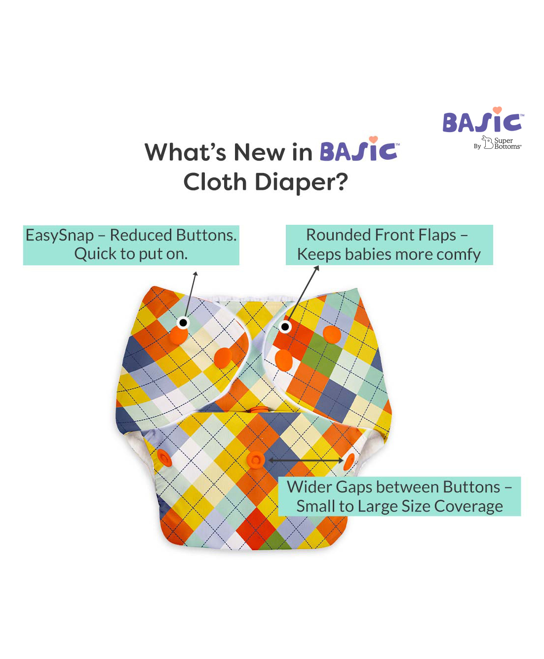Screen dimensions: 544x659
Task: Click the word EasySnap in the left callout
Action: tap(60, 236)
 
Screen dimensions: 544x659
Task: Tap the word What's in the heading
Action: tap(185, 152)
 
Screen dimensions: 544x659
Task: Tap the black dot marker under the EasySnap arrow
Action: tap(183, 323)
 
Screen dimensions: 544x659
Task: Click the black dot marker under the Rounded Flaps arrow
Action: tap(285, 327)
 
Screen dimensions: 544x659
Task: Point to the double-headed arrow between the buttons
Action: tap(306, 460)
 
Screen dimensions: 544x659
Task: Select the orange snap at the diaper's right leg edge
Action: tap(350, 462)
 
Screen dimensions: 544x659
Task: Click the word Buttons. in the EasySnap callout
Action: tap(206, 236)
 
